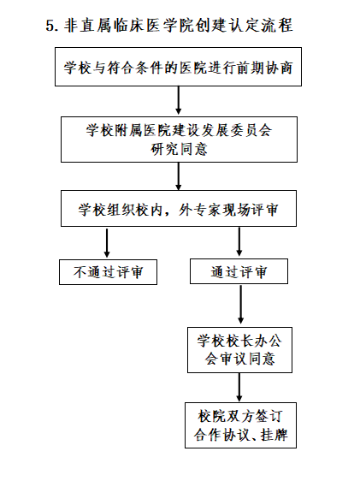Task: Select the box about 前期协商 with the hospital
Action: click(179, 67)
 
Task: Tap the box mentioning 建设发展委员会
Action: click(179, 140)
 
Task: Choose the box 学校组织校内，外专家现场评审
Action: click(179, 208)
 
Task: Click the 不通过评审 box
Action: click(108, 272)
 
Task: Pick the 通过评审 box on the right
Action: click(239, 271)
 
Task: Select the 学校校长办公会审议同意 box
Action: click(240, 350)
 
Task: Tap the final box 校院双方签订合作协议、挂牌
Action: click(241, 425)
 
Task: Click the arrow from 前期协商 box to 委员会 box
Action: click(179, 100)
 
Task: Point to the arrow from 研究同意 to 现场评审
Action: click(179, 176)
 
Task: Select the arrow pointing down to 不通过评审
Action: click(107, 243)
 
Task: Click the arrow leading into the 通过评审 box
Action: click(239, 241)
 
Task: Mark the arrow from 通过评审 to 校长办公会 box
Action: click(240, 305)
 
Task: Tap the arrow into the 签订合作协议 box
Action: click(239, 388)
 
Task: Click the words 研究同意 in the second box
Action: click(179, 149)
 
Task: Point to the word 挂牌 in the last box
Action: click(274, 435)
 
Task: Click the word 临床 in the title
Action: click(129, 25)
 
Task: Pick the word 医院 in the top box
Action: click(193, 68)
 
